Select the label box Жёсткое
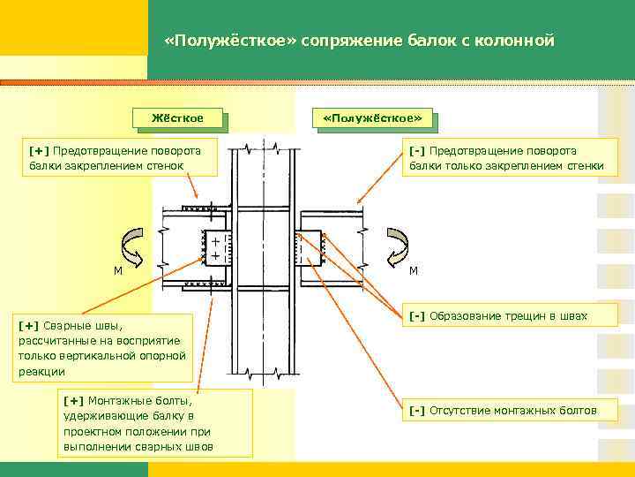[176, 117]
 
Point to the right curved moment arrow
[399, 246]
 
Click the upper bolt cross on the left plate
[215, 240]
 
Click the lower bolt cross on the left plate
[215, 255]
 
